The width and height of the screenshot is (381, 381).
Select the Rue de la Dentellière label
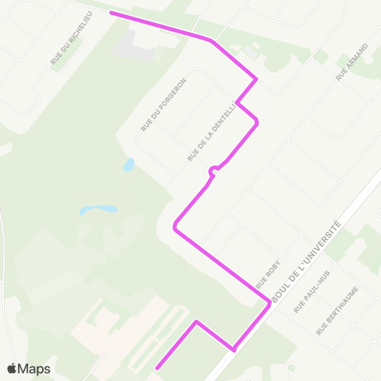(213, 132)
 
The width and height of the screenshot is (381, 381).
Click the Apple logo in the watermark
(13, 368)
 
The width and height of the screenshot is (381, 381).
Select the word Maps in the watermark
(35, 368)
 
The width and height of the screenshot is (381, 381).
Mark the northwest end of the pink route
(111, 13)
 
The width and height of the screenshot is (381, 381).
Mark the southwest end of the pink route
(157, 368)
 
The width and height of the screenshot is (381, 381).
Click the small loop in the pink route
(214, 170)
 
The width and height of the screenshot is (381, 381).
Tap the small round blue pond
(129, 165)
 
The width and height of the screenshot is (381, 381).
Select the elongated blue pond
(98, 210)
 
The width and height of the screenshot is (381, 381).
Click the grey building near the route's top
(135, 46)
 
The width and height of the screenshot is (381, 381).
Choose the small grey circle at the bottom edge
(291, 368)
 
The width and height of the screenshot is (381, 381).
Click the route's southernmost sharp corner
(233, 348)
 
